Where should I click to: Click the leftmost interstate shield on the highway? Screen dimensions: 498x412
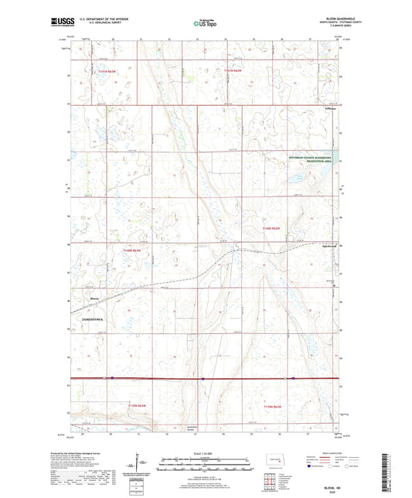click(x=112, y=378)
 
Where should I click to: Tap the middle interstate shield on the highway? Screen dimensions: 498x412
click(x=202, y=379)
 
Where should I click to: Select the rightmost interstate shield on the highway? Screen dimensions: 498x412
click(x=293, y=379)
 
